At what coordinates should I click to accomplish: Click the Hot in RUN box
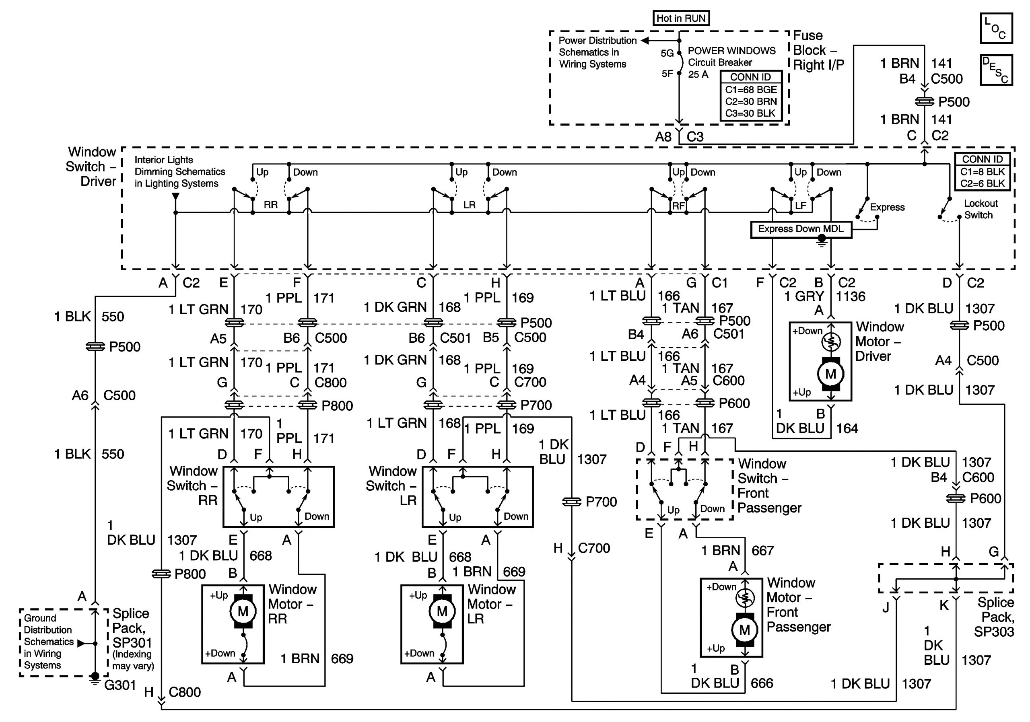(x=680, y=19)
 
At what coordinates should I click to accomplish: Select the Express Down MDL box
(x=801, y=229)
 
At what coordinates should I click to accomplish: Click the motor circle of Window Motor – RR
(x=243, y=611)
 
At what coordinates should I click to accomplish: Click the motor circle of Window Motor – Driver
(x=830, y=374)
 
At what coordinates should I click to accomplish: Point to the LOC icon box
(x=996, y=28)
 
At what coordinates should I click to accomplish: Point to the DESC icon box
(x=996, y=70)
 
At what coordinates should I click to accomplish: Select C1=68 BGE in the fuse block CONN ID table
(x=750, y=90)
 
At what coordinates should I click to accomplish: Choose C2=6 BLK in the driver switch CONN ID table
(x=983, y=183)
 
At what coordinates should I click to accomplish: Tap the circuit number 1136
(x=851, y=296)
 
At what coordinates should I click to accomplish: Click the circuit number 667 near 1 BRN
(x=762, y=550)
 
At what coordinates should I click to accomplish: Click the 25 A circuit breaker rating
(x=698, y=74)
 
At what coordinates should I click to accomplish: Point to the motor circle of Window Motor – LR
(x=442, y=611)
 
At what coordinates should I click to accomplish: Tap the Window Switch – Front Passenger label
(x=769, y=485)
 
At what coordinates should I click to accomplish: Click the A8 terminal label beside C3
(x=663, y=136)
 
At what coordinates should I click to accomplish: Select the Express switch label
(x=887, y=207)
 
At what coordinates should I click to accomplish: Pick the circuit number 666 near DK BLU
(x=762, y=683)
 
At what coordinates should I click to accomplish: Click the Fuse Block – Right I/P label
(x=818, y=50)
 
